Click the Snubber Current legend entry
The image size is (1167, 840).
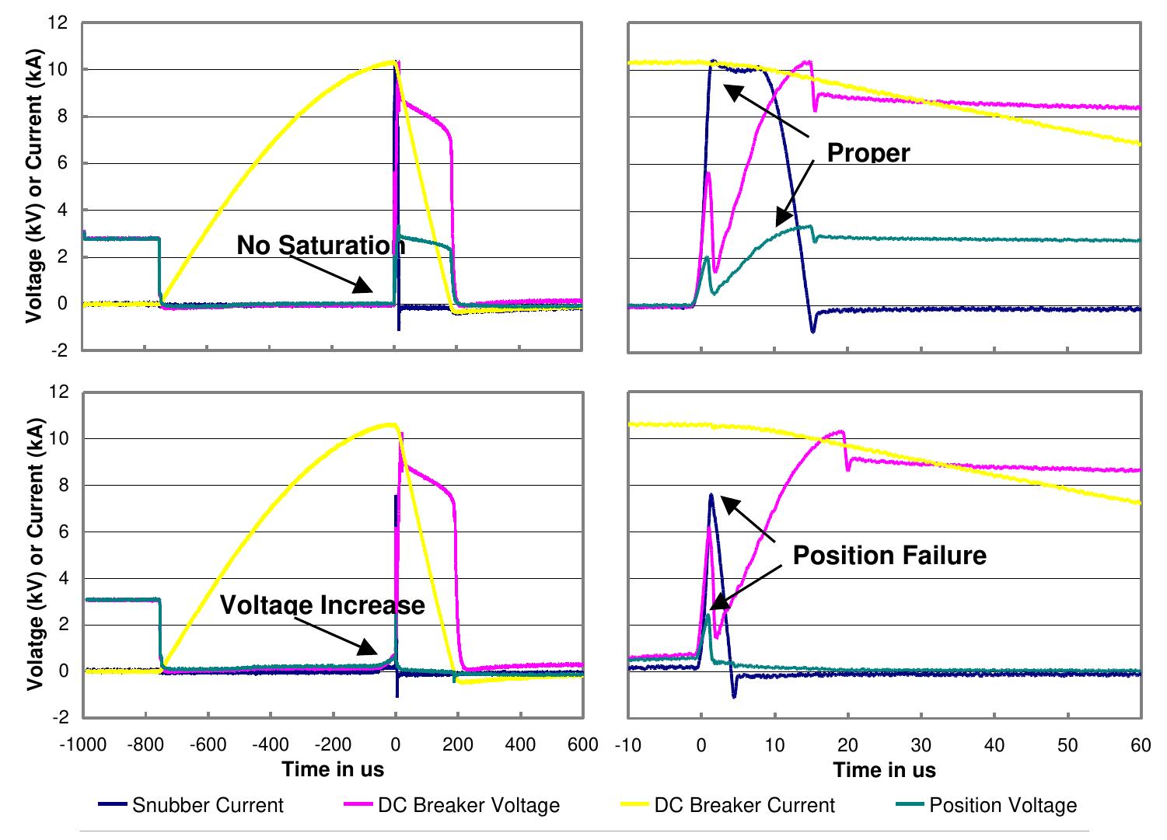point(208,805)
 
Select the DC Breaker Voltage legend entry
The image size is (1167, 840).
point(468,805)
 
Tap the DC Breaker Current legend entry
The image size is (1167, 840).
point(744,805)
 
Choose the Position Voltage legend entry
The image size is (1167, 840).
point(1003,805)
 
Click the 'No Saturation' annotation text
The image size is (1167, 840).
point(320,246)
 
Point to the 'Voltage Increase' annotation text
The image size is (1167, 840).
point(323,605)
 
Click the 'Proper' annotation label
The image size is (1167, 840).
point(868,153)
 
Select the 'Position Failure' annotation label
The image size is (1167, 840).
point(889,556)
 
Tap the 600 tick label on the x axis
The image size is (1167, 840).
point(582,746)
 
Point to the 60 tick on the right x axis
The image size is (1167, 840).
point(1140,746)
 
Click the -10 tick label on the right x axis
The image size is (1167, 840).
point(627,746)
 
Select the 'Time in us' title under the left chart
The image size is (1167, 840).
point(333,770)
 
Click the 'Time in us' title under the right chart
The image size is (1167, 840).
point(884,770)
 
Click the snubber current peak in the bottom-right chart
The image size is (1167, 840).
point(711,495)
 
